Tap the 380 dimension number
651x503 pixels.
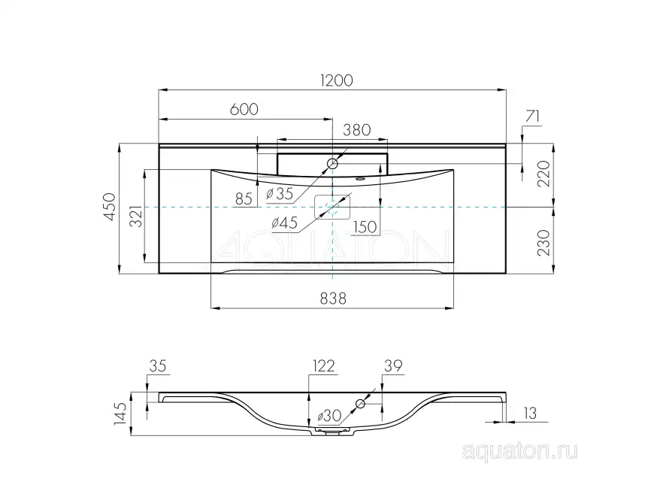point(356,129)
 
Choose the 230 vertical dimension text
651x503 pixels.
point(546,243)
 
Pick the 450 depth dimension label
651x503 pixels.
point(110,207)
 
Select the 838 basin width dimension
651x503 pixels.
point(332,298)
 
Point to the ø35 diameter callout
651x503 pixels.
point(279,193)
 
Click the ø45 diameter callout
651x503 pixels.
point(283,222)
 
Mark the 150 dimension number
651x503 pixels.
point(365,226)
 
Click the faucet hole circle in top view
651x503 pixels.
point(333,163)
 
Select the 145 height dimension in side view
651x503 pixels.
point(121,413)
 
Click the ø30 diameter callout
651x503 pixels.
point(330,416)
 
